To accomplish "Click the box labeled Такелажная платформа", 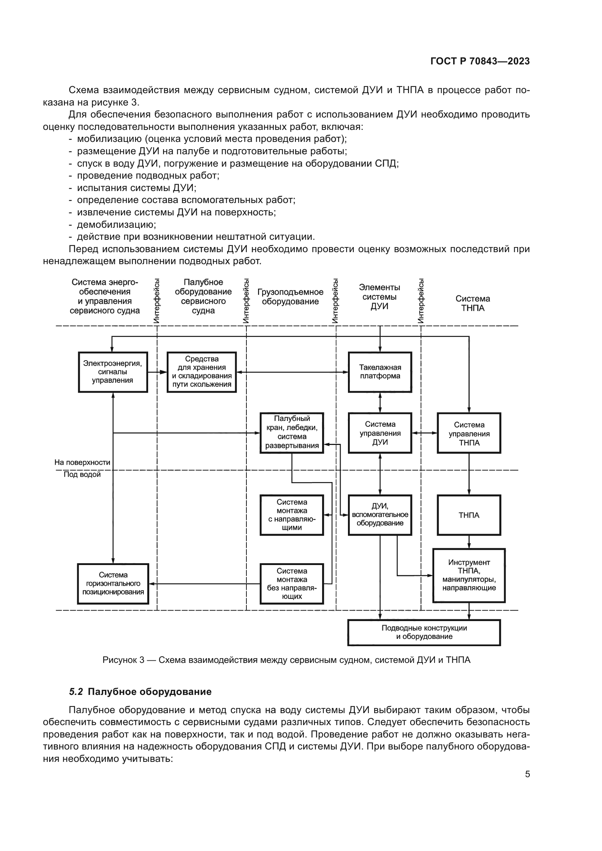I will click(x=380, y=372).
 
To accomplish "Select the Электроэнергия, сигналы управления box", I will click(x=113, y=372).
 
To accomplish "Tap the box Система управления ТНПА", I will click(x=469, y=433).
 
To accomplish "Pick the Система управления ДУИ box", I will click(x=380, y=433).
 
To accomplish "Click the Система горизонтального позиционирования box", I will click(x=113, y=583).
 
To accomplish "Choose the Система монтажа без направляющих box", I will click(x=292, y=583).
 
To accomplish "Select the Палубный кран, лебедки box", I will click(x=292, y=433).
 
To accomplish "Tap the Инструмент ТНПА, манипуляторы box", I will click(x=469, y=575).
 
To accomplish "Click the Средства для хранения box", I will click(x=202, y=372).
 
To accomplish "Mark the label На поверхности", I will click(x=82, y=462).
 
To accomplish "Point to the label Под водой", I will click(x=82, y=474).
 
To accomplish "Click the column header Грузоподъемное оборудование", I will click(x=290, y=297).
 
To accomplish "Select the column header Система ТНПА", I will click(x=473, y=303).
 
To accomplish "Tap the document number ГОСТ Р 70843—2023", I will click(x=480, y=61).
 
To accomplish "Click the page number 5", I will click(x=527, y=774).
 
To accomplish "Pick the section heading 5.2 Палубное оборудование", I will click(x=140, y=692).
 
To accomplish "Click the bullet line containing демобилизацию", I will click(x=116, y=224).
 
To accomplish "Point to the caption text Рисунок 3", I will click(x=286, y=660).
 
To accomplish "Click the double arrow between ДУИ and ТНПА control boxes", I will click(x=424, y=433).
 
